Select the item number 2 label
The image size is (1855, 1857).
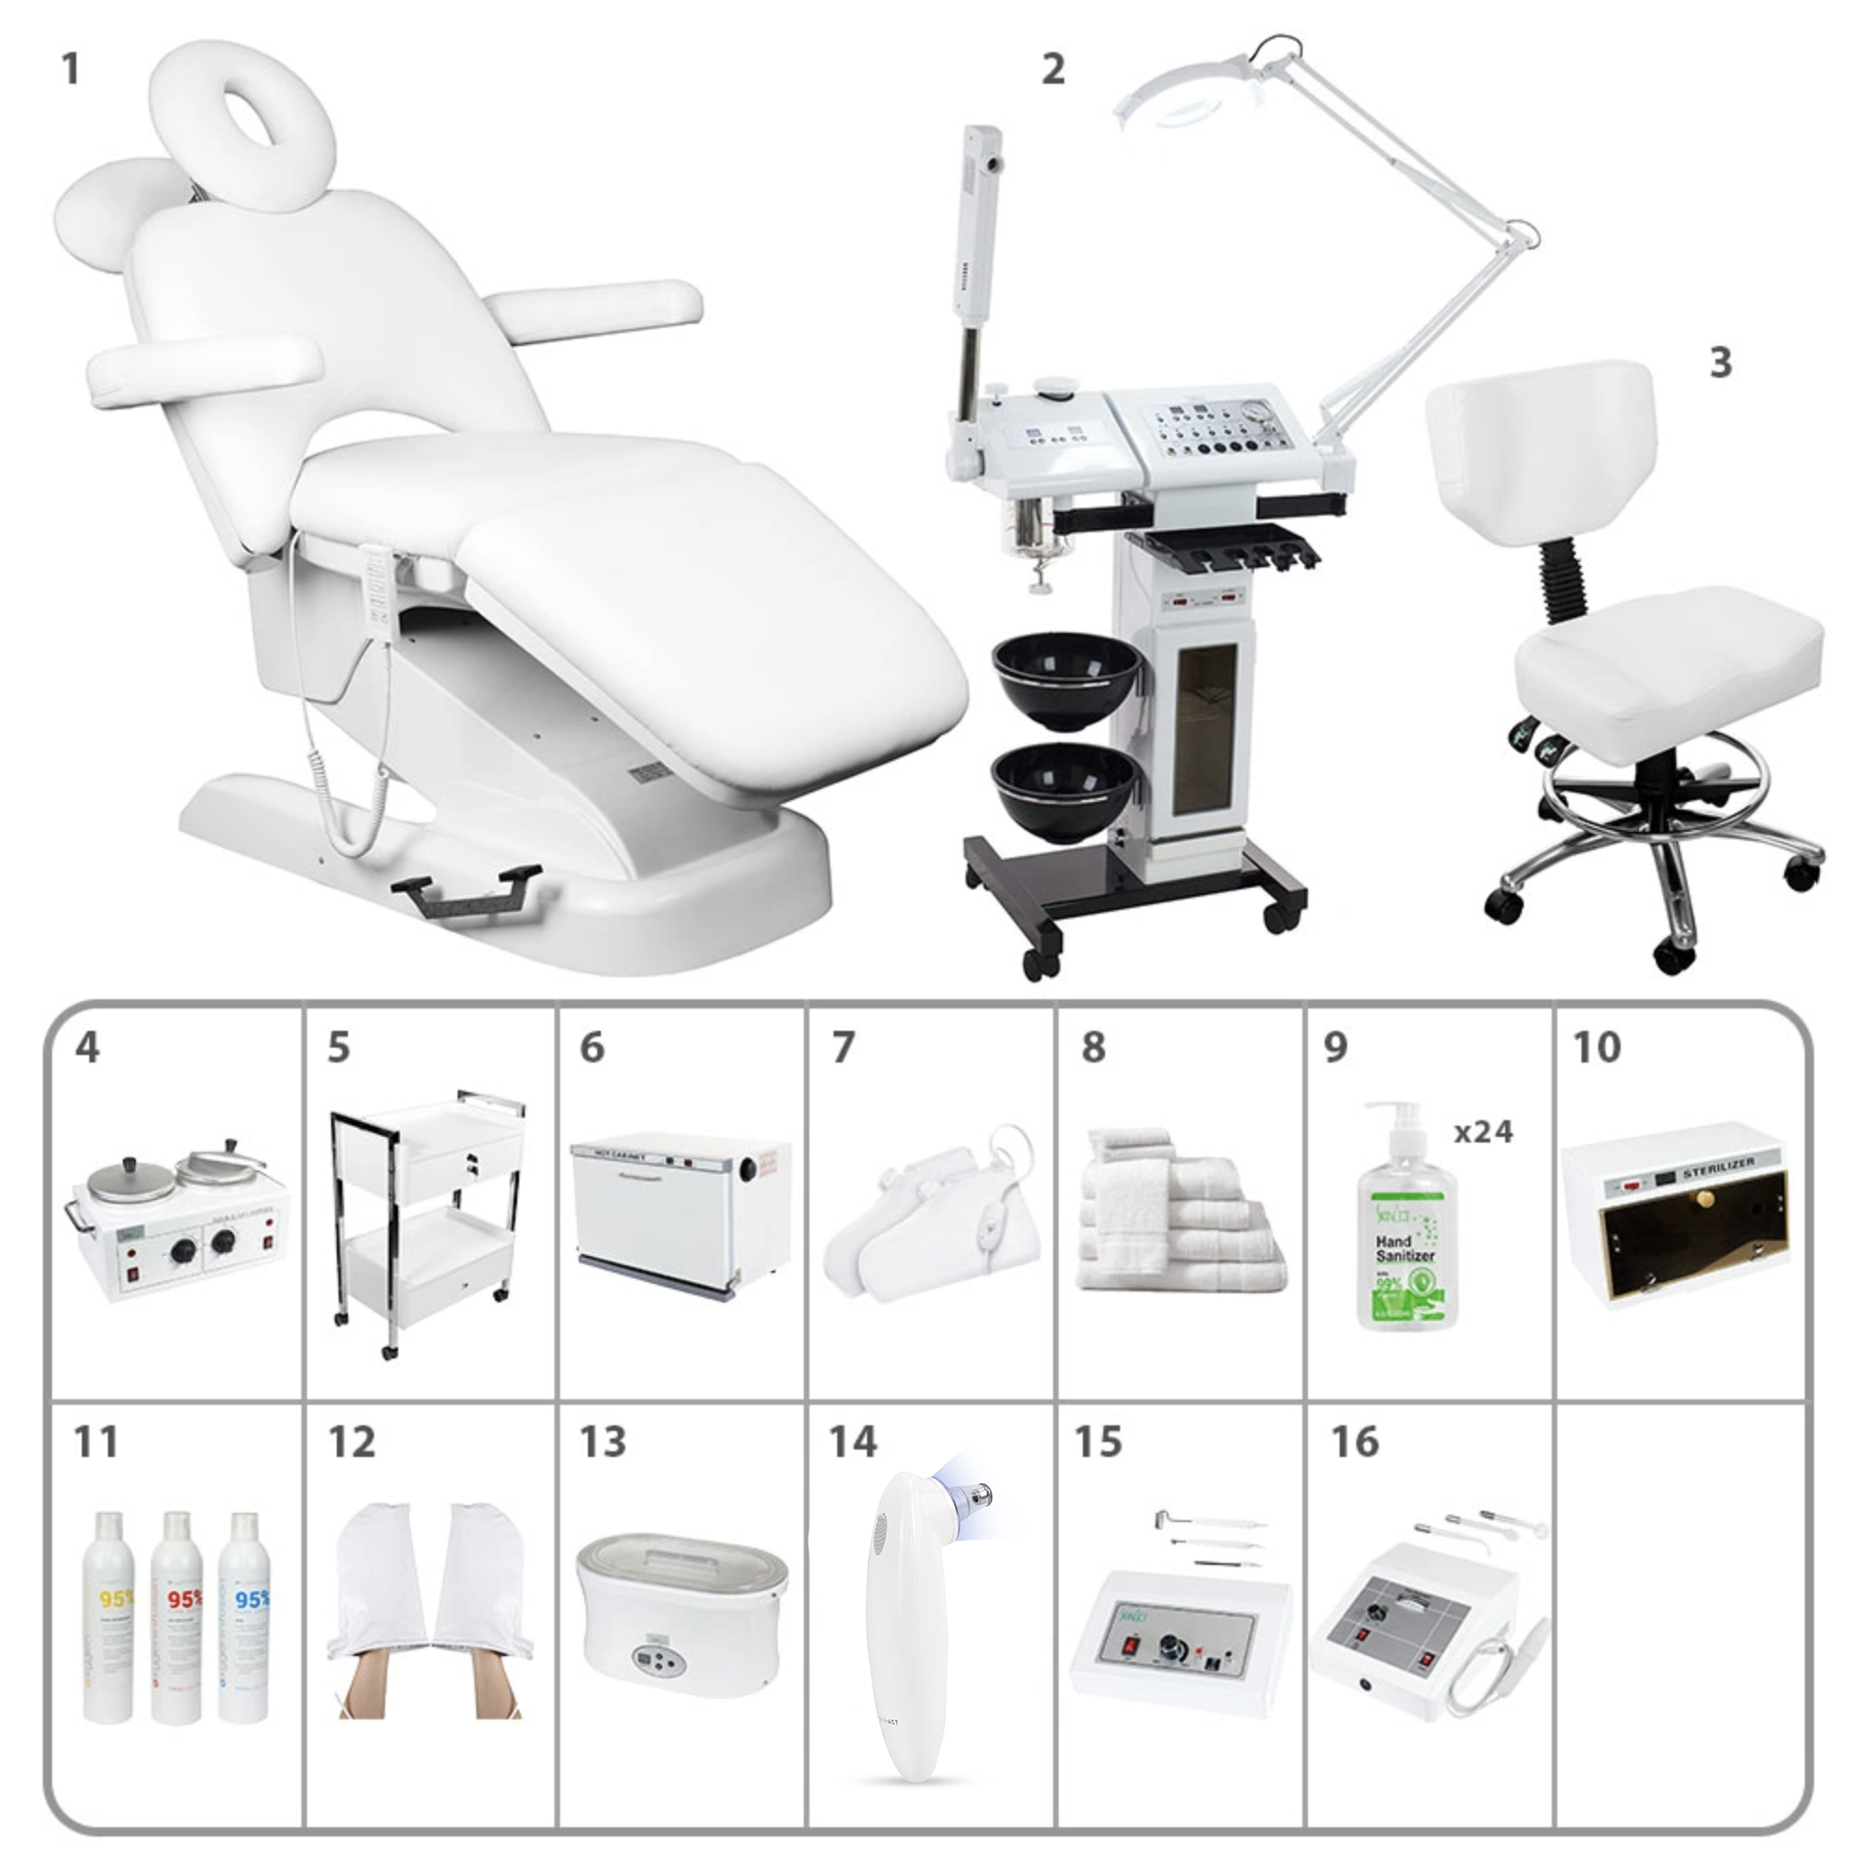tap(1053, 69)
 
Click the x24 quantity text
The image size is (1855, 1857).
tap(1483, 1132)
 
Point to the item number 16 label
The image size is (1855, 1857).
tap(1355, 1442)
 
